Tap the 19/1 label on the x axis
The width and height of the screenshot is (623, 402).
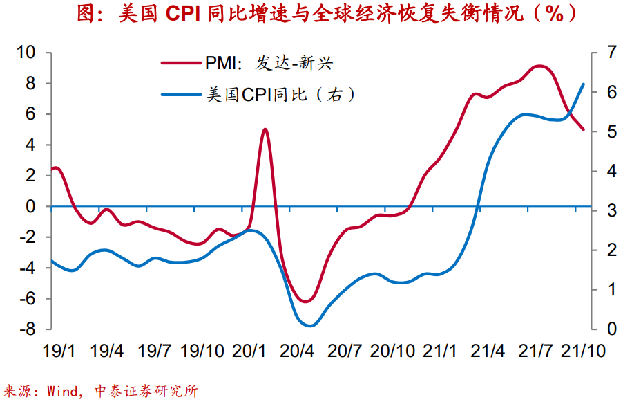tap(59, 351)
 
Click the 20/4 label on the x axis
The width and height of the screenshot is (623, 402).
tap(296, 351)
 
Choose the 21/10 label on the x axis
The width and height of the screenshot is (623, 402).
tap(582, 351)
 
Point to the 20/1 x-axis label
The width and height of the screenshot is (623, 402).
tap(249, 351)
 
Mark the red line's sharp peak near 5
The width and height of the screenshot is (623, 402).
tap(266, 129)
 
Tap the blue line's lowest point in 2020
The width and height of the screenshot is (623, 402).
tap(309, 325)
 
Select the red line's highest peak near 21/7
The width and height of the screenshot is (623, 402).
tap(539, 66)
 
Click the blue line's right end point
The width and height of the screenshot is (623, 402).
tap(584, 84)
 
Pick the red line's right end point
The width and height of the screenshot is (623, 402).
tap(584, 130)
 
